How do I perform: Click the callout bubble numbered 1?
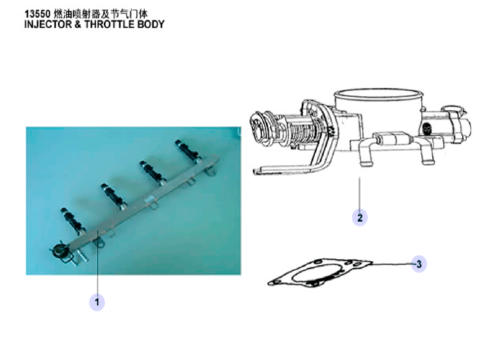97,302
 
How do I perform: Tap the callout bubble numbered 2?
360,217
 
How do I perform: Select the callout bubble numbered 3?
419,264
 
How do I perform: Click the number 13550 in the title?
38,14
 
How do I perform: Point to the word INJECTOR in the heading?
48,24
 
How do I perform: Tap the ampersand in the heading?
78,24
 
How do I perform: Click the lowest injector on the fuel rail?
73,221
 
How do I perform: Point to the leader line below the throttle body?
360,193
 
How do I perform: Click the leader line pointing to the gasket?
392,264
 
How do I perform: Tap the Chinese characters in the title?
100,14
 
